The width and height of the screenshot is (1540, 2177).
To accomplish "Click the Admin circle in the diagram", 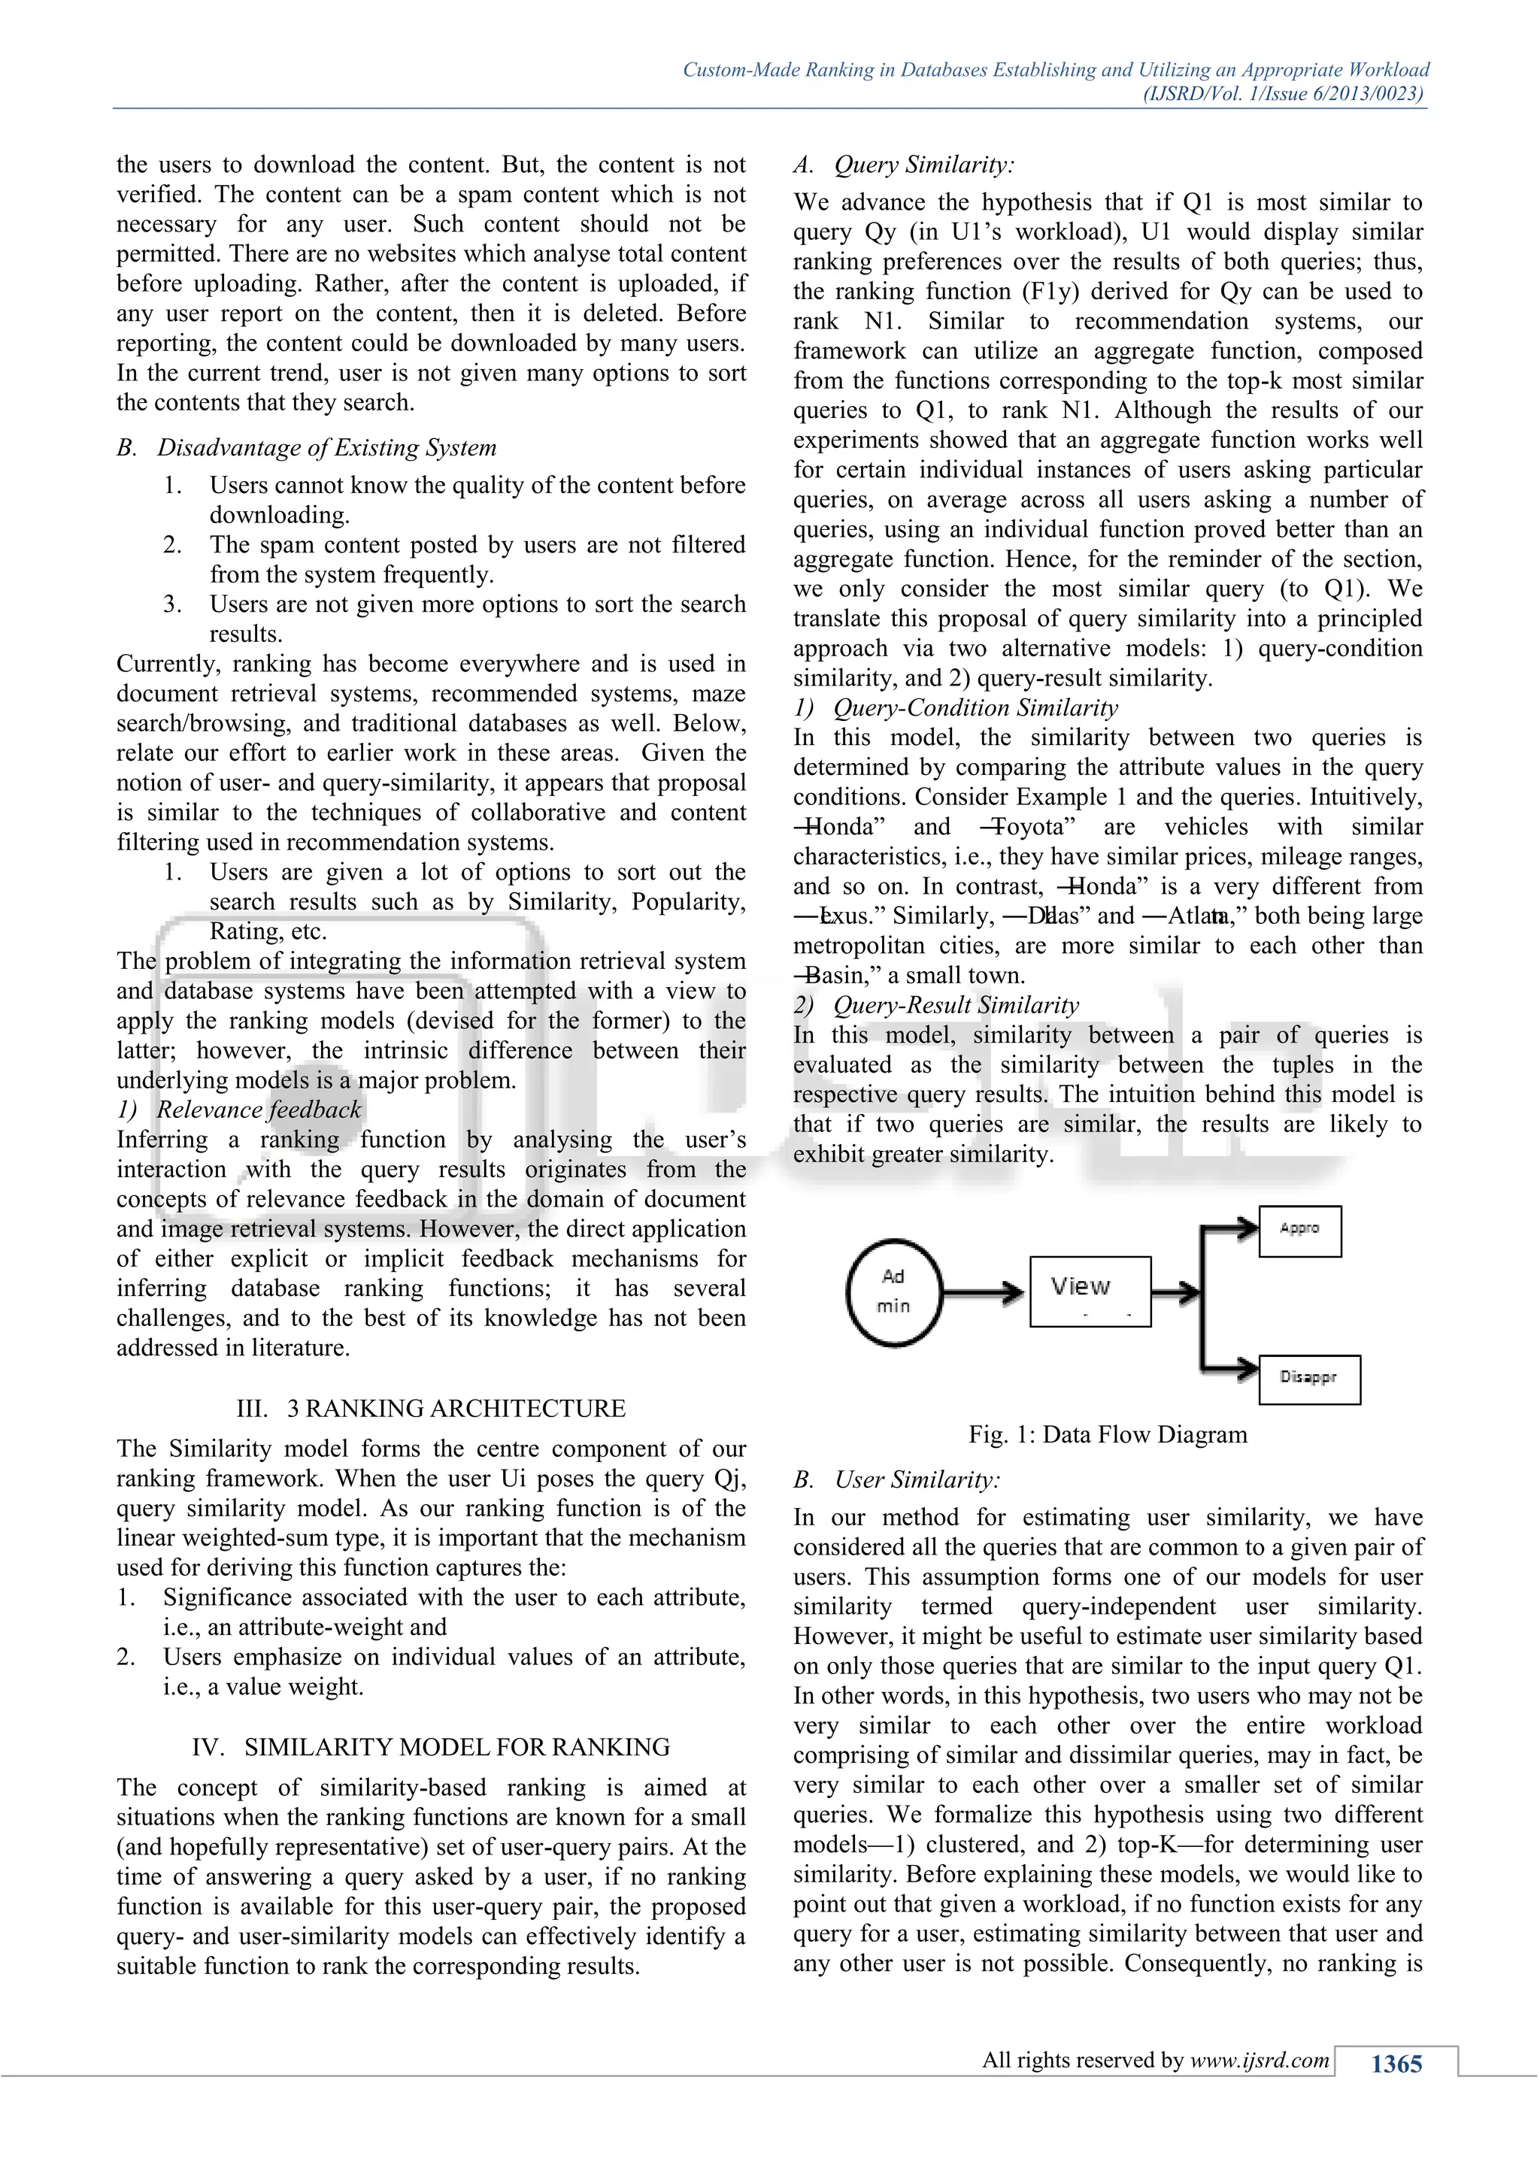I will pos(893,1291).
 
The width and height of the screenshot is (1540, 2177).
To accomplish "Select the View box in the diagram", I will pos(1090,1291).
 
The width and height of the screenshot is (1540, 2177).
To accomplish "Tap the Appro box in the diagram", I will pos(1299,1231).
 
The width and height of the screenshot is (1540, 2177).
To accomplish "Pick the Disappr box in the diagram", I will pos(1308,1379).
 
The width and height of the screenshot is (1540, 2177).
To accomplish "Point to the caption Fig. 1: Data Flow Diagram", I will pos(1107,1434).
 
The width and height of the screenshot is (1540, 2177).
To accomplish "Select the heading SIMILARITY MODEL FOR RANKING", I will pos(456,1746).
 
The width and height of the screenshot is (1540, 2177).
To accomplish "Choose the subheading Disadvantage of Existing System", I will pos(326,447).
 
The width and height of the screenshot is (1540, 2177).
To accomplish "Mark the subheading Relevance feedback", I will pos(259,1110).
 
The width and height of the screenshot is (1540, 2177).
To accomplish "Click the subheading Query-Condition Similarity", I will pos(975,707).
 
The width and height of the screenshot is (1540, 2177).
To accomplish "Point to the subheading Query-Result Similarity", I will pos(956,1005).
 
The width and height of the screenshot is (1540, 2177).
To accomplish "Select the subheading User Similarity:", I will pos(917,1479).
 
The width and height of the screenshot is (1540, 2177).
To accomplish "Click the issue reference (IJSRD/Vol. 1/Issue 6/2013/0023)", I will pos(1283,93).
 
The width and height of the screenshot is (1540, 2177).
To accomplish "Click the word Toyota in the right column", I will pos(1032,827).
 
